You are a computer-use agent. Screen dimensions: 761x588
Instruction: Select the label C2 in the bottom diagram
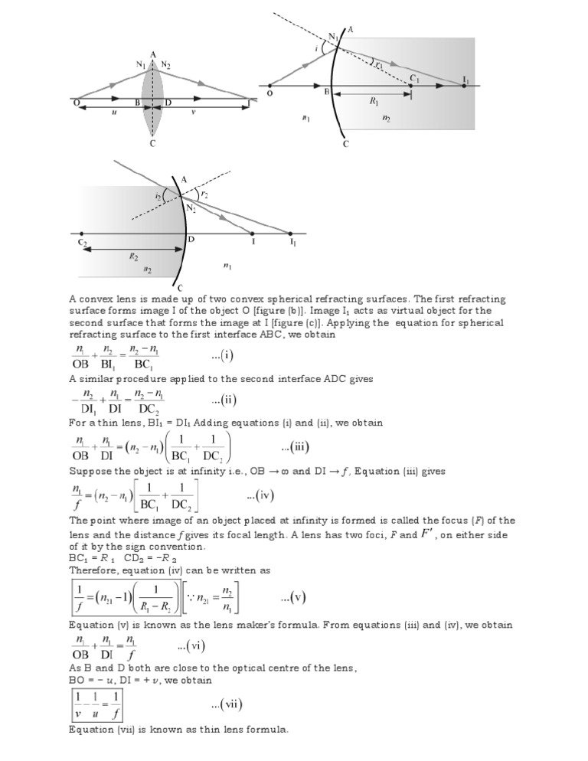pyautogui.click(x=82, y=243)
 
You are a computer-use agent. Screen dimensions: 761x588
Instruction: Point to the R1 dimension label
pyautogui.click(x=374, y=100)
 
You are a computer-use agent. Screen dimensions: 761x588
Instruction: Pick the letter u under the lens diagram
pyautogui.click(x=114, y=111)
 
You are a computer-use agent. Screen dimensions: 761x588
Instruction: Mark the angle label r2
pyautogui.click(x=204, y=194)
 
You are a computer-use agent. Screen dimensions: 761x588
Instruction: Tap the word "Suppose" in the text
pyautogui.click(x=90, y=471)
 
